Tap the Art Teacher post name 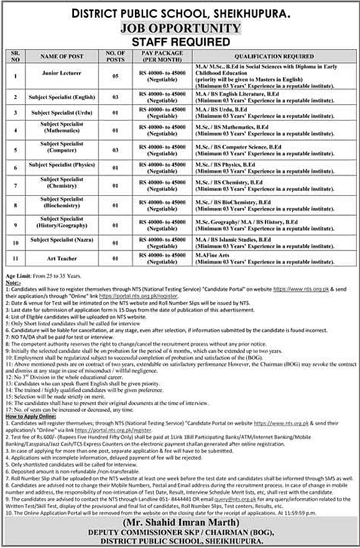point(62,258)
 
